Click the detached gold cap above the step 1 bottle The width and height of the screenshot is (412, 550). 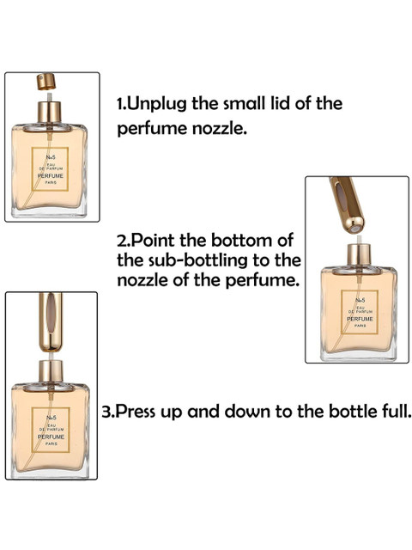pos(46,82)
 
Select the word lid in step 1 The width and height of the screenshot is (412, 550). pos(279,103)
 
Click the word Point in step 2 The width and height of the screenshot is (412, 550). pos(154,241)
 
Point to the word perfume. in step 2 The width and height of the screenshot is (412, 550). pos(263,280)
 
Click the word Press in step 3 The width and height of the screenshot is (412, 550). pos(136,411)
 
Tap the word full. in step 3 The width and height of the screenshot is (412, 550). pos(396,411)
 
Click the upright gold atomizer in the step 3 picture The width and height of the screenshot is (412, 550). pos(51,322)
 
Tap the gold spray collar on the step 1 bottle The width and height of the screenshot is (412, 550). pos(50,112)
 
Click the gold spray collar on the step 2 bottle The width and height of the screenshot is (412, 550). pos(359,254)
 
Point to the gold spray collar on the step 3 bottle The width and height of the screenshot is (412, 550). pos(51,370)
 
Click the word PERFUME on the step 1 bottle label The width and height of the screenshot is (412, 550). pos(51,175)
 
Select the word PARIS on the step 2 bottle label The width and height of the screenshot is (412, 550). pos(360,326)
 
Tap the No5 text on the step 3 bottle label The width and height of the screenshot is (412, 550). pos(51,418)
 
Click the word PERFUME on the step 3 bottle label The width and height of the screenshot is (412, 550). pos(51,437)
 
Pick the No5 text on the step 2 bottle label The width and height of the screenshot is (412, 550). pos(360,300)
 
